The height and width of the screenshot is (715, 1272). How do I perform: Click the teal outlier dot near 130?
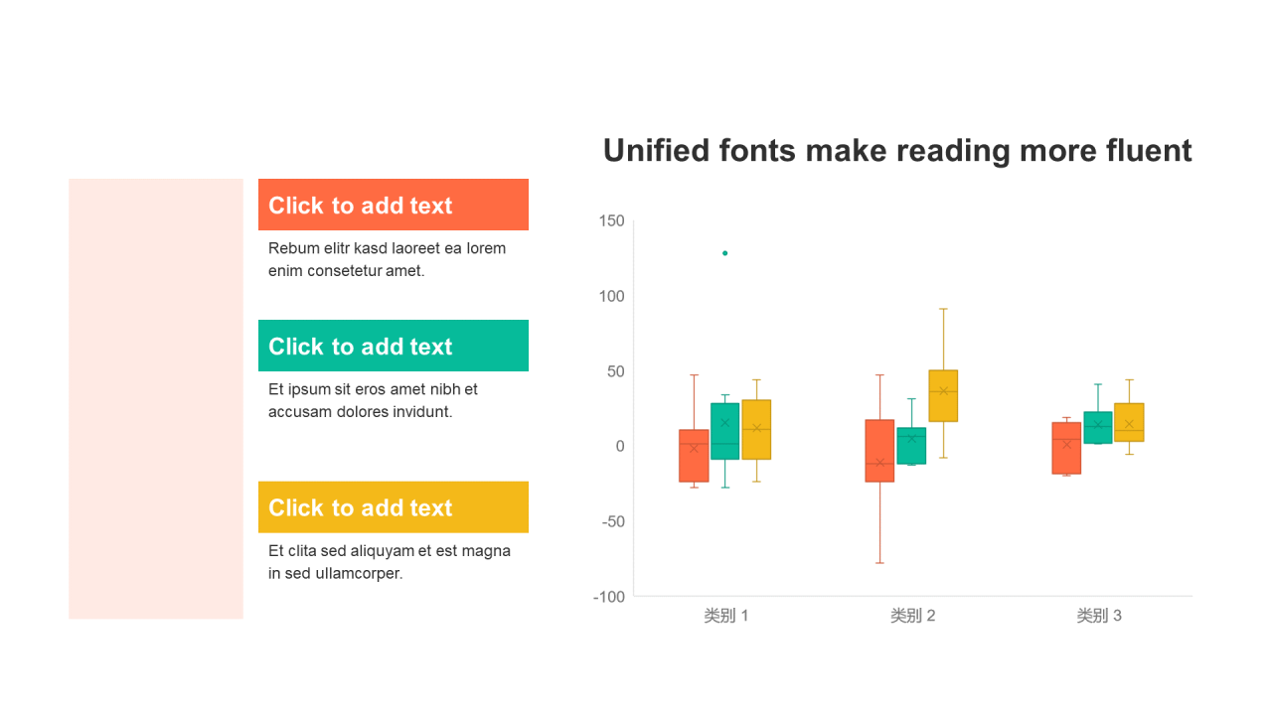coord(725,253)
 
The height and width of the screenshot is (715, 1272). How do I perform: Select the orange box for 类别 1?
coord(694,456)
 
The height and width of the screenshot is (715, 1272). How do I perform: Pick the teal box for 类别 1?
coord(725,431)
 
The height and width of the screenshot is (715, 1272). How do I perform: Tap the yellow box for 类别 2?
coord(943,396)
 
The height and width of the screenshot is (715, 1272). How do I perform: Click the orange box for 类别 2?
coord(879,451)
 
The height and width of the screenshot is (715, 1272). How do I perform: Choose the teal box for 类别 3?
coord(1098,428)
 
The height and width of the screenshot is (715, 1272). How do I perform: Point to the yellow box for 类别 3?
coord(1129,423)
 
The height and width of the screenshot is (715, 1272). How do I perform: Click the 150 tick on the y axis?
coord(611,220)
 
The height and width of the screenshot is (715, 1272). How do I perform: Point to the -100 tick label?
coord(609,597)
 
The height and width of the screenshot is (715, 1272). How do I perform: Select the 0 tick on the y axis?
coord(620,447)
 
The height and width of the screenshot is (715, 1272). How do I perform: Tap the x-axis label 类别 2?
coord(912,616)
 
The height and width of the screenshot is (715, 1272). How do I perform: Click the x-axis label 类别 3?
coord(1099,616)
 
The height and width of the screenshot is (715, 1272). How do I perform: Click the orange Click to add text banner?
coord(394,205)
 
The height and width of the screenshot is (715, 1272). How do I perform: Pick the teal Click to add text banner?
coord(394,346)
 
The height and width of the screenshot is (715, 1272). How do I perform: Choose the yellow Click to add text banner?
coord(394,507)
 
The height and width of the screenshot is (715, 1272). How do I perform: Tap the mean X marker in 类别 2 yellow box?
coord(944,391)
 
